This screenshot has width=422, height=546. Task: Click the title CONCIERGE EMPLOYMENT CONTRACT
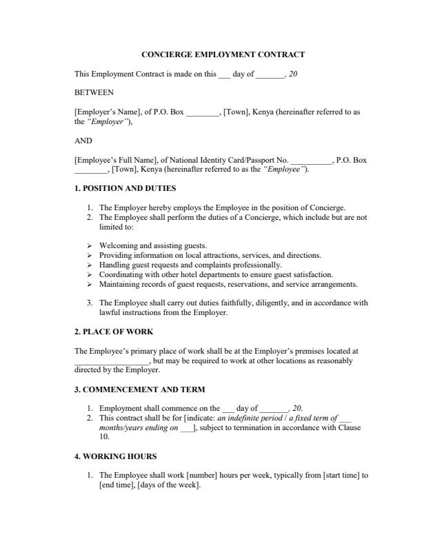pos(223,54)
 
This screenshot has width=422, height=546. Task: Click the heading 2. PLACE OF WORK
pos(113,332)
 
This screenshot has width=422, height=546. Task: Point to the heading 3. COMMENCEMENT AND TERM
pos(139,389)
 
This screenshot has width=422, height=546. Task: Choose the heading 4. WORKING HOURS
pos(115,456)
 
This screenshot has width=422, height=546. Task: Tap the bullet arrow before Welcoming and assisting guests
pos(90,245)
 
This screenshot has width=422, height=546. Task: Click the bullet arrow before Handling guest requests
pos(90,265)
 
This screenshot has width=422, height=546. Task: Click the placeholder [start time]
pos(341,475)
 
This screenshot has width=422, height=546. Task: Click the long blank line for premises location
pos(111,361)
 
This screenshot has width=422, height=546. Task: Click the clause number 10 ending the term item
pos(104,436)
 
